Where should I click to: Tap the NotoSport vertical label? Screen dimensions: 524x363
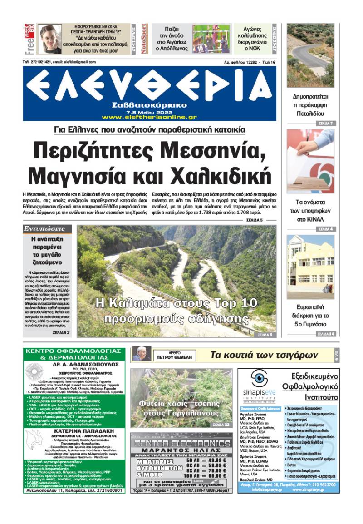[x=144, y=39]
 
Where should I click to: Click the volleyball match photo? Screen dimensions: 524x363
[x=212, y=39]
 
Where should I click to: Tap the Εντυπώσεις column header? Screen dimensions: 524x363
[x=47, y=229]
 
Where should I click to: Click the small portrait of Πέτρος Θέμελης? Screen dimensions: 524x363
[x=141, y=354]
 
